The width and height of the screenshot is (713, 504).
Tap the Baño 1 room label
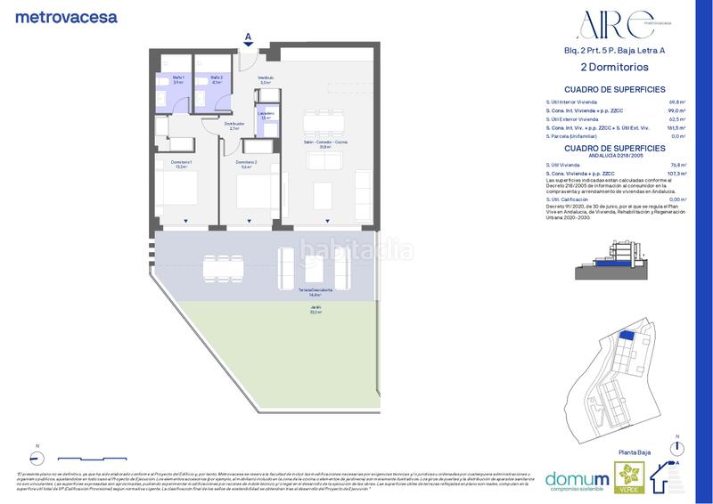click(178, 79)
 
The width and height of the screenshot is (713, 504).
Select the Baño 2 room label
click(216, 79)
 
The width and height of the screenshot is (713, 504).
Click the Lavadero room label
click(266, 115)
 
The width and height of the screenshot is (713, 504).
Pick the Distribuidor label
click(234, 126)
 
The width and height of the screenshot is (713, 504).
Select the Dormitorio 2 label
click(246, 164)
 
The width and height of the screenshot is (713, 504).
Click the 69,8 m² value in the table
click(676, 102)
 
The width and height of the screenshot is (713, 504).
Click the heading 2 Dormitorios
click(614, 67)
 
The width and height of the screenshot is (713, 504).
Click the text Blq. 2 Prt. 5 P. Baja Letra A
click(614, 51)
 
